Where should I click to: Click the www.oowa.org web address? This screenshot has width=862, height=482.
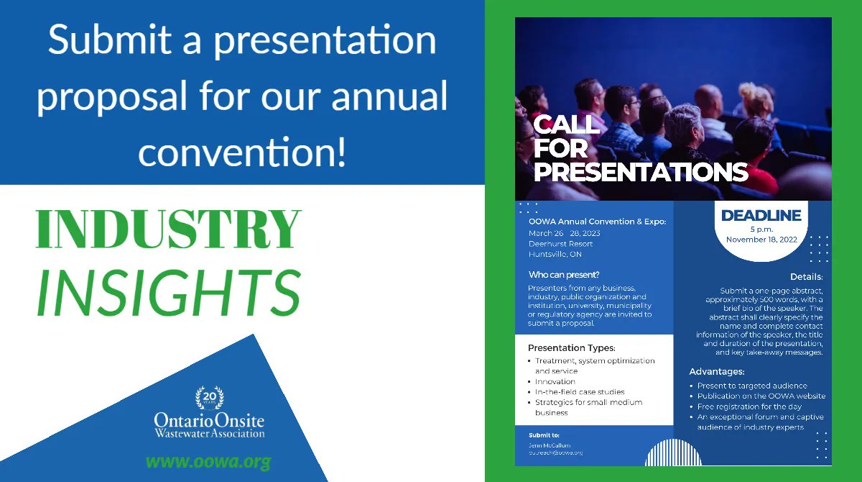click(x=208, y=461)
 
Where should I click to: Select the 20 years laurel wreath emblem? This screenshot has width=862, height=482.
click(x=209, y=398)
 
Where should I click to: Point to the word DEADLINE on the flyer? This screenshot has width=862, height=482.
click(x=761, y=215)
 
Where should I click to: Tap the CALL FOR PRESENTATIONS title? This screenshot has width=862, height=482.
click(x=639, y=148)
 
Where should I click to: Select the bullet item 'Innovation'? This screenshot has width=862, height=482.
click(x=555, y=382)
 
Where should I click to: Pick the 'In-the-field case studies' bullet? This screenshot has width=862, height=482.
click(x=580, y=392)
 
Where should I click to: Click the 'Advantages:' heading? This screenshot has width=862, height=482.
click(x=717, y=372)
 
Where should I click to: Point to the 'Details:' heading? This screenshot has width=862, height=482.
click(x=806, y=277)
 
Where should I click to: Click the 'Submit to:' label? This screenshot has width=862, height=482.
click(x=544, y=435)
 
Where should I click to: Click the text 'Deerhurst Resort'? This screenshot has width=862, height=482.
click(x=560, y=244)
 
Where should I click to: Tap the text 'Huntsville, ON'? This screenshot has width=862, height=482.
click(x=555, y=254)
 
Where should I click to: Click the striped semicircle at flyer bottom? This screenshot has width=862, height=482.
click(x=674, y=453)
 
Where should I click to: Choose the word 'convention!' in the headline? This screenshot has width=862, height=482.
click(x=242, y=153)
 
